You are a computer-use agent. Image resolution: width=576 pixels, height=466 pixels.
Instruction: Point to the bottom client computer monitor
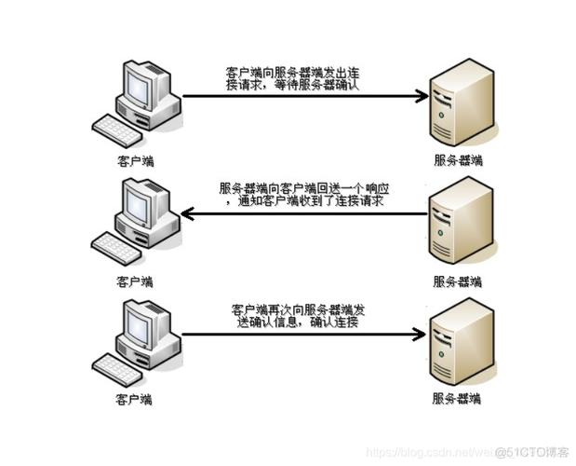(138, 325)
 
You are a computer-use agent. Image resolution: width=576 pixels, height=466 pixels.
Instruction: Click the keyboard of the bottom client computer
(118, 365)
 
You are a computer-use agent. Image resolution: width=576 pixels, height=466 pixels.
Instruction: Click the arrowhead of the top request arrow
(421, 95)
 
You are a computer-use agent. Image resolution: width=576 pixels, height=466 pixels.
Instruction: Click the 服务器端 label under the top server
(458, 160)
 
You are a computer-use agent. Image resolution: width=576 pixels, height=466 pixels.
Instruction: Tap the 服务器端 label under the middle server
(458, 281)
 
